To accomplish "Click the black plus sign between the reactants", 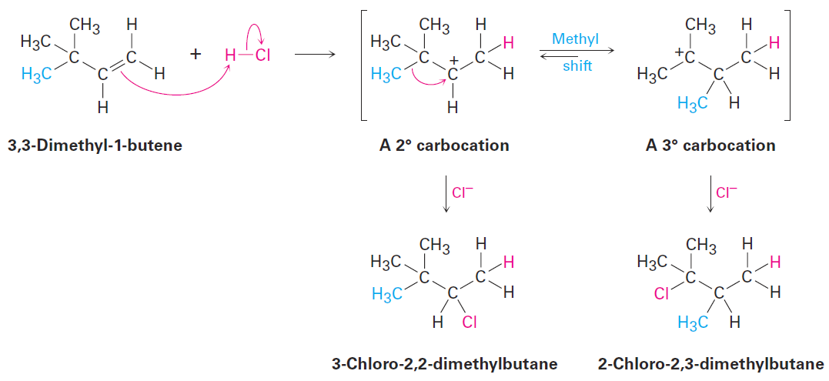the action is click(x=196, y=55).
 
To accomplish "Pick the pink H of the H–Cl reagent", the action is click(x=229, y=55).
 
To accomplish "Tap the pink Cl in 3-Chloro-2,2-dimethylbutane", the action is click(x=470, y=322).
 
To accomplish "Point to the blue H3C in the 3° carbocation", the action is click(x=693, y=104).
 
